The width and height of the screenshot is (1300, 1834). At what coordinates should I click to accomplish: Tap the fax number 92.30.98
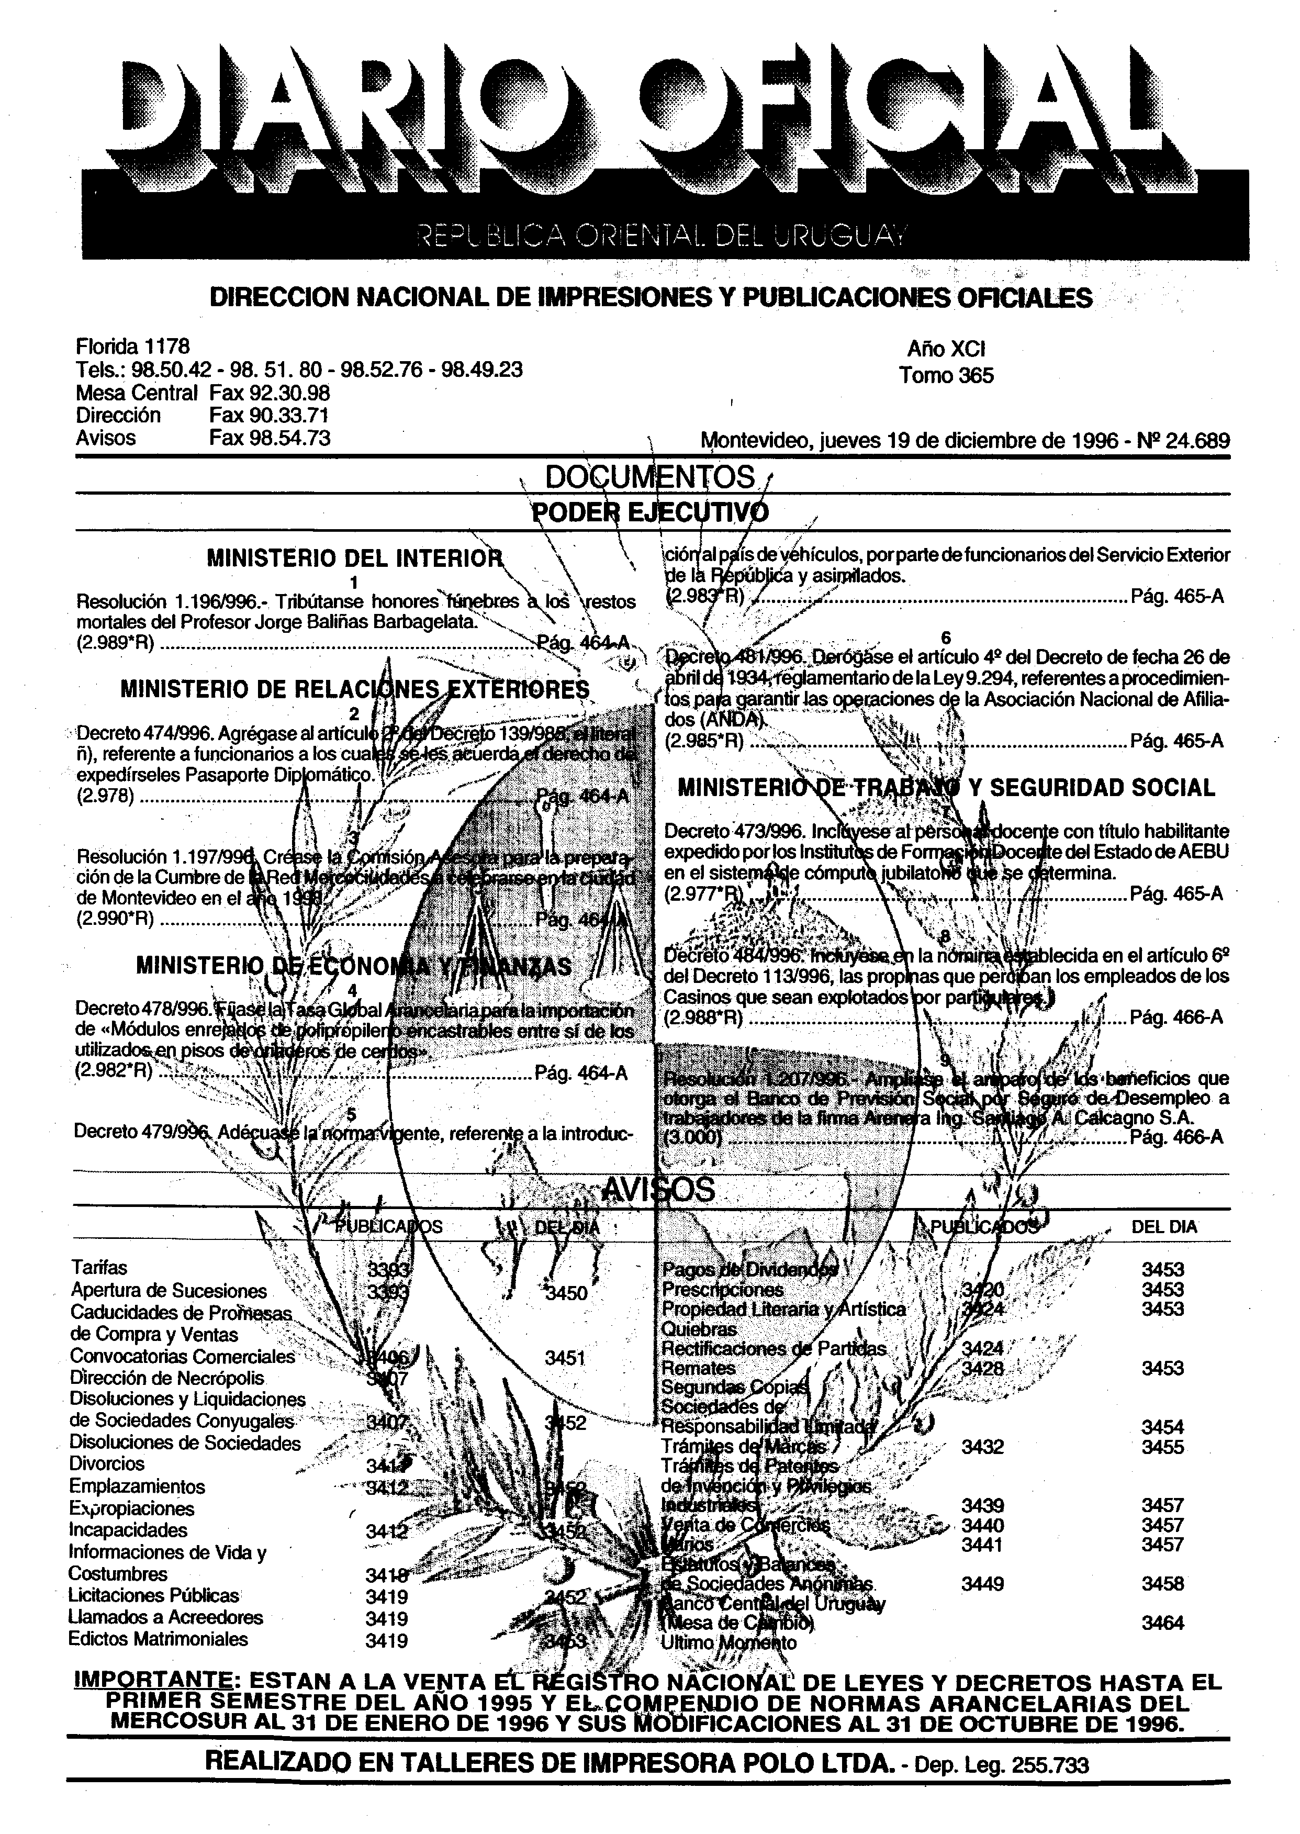click(x=270, y=393)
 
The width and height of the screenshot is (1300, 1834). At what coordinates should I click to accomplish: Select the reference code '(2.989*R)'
click(x=115, y=643)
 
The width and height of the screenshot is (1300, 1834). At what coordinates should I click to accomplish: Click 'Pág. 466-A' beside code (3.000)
click(x=1176, y=1137)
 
